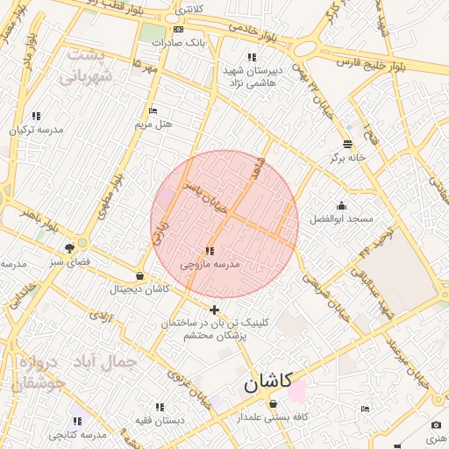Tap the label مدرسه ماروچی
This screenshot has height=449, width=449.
click(x=210, y=263)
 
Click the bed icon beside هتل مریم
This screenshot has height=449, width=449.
click(x=153, y=111)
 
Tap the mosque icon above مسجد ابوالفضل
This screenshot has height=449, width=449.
click(x=341, y=205)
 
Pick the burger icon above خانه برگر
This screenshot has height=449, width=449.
click(x=347, y=144)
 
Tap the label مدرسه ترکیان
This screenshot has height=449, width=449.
click(x=37, y=129)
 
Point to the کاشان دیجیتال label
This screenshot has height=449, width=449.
click(x=139, y=289)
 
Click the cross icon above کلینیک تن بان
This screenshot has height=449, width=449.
click(x=215, y=310)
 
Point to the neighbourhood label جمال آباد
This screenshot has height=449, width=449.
click(x=115, y=360)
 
